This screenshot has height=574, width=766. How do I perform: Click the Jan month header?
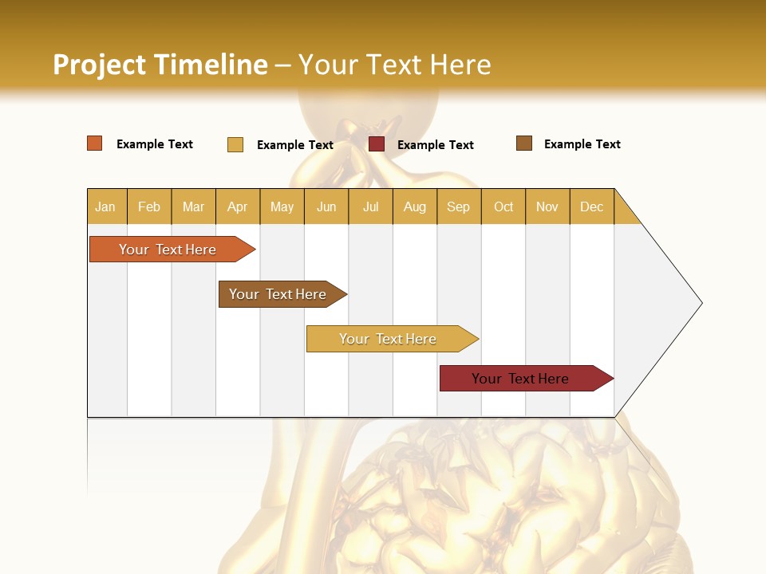tap(106, 206)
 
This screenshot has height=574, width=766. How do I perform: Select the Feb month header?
tap(149, 206)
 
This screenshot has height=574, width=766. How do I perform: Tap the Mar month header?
tap(193, 206)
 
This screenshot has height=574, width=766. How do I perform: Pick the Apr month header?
tap(238, 206)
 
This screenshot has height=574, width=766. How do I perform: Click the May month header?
tap(282, 206)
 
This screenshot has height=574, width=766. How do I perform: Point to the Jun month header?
tap(326, 206)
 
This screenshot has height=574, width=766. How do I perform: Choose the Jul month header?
tap(370, 206)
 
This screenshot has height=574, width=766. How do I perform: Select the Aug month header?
tap(415, 206)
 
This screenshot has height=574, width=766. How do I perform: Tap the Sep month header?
tap(459, 206)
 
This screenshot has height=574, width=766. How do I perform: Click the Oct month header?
tap(503, 206)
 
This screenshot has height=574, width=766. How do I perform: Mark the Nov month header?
tap(547, 206)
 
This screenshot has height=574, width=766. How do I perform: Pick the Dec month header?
tap(592, 206)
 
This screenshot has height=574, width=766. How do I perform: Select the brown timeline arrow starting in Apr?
tap(279, 294)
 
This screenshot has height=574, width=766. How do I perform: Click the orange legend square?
tap(95, 143)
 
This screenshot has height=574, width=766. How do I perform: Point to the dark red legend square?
tap(377, 144)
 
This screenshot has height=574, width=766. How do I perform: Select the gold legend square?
tap(235, 144)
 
